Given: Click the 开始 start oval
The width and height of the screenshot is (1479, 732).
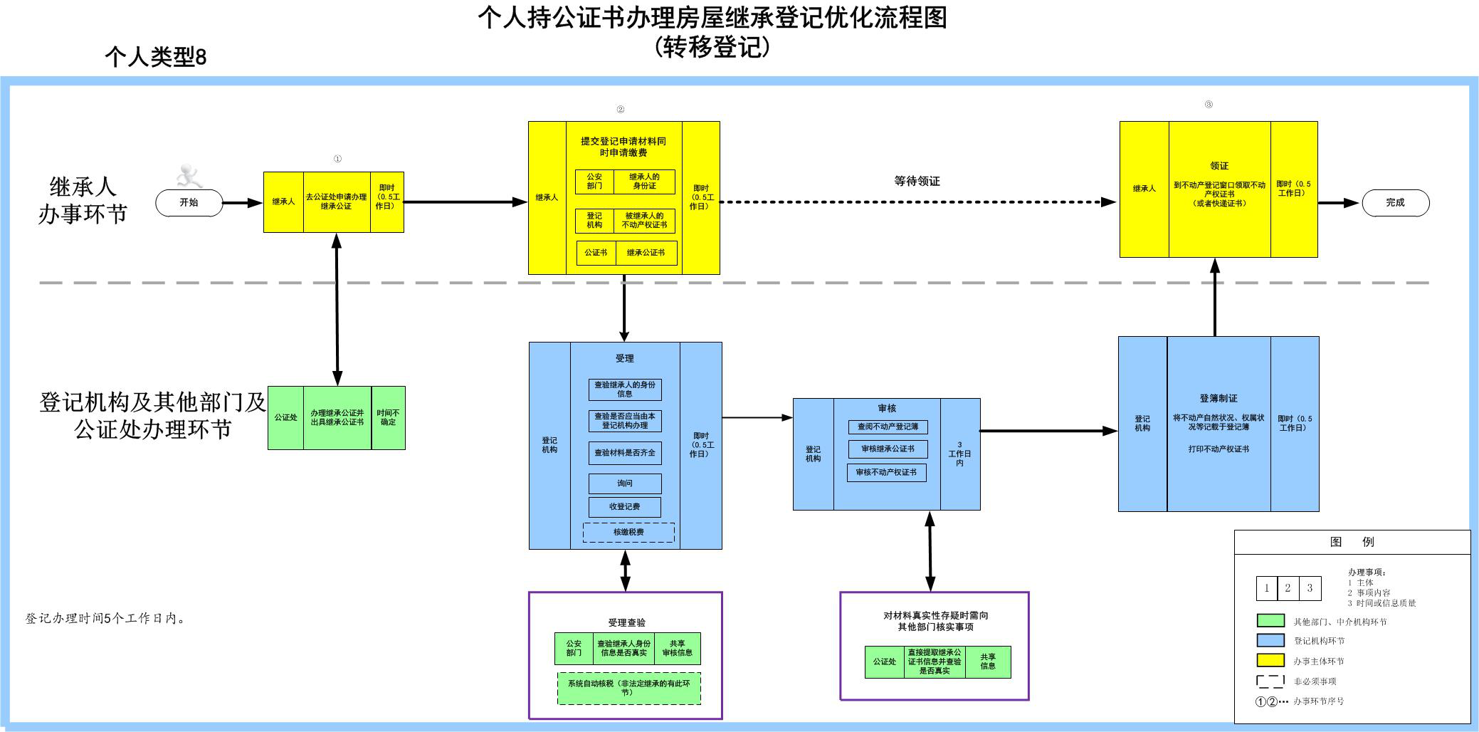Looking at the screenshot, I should (x=189, y=203).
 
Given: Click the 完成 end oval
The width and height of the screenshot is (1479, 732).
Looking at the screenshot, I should (x=1395, y=203).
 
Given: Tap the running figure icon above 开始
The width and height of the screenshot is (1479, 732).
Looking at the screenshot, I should (x=189, y=174).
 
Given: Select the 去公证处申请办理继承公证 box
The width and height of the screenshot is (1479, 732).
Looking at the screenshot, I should (x=336, y=202).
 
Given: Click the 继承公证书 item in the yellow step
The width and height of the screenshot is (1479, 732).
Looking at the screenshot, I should (x=646, y=253).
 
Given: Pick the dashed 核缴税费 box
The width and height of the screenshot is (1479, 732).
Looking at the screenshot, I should (x=628, y=532).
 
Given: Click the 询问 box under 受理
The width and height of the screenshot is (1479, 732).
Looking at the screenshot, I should (x=625, y=483).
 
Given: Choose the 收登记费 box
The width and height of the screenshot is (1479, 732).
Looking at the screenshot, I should (x=624, y=507).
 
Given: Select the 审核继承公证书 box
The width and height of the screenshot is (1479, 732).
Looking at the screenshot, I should (x=888, y=449).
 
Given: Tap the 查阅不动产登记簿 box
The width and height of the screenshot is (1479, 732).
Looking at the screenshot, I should (x=888, y=427).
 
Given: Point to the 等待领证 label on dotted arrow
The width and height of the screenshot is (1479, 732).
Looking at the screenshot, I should (x=917, y=182).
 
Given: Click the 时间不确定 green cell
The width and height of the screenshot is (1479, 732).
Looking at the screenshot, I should (x=388, y=417).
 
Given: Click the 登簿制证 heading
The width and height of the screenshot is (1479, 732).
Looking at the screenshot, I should (x=1219, y=399).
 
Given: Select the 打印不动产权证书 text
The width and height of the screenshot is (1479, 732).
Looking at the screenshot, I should (x=1219, y=449).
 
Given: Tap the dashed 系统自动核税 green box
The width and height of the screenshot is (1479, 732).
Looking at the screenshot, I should (x=628, y=688).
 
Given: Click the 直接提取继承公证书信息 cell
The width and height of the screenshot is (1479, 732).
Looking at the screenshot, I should (x=935, y=662).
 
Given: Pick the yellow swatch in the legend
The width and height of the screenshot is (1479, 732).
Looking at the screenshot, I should (x=1270, y=661).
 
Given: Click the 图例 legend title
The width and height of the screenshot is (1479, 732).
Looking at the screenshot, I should (x=1352, y=542).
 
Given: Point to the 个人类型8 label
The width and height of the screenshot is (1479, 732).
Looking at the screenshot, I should (x=155, y=57).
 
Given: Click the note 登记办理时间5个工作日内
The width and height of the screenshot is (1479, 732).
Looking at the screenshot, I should (x=106, y=619).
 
